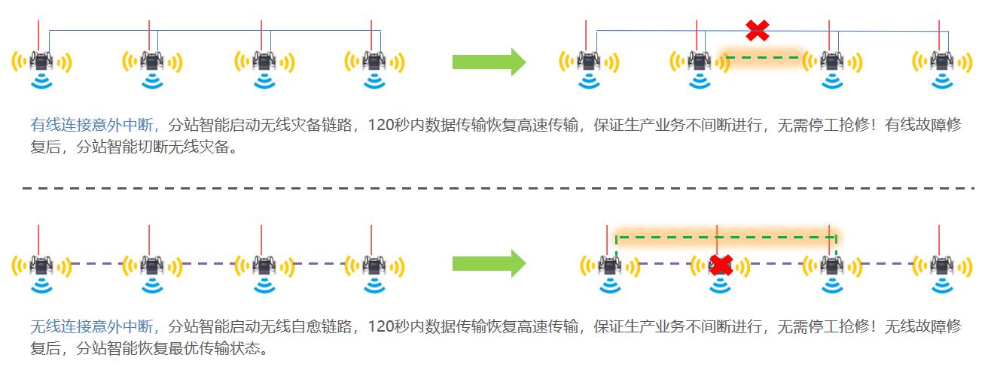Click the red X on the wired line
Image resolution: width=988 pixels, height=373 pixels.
tap(758, 31)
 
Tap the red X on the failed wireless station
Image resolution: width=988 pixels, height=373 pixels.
tap(721, 265)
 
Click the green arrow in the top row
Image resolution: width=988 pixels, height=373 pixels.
tap(489, 62)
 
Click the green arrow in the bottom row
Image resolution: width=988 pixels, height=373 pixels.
tap(489, 263)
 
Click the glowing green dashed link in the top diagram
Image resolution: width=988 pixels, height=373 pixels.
tap(764, 57)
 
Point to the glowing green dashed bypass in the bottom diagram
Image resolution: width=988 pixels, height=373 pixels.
tap(726, 237)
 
